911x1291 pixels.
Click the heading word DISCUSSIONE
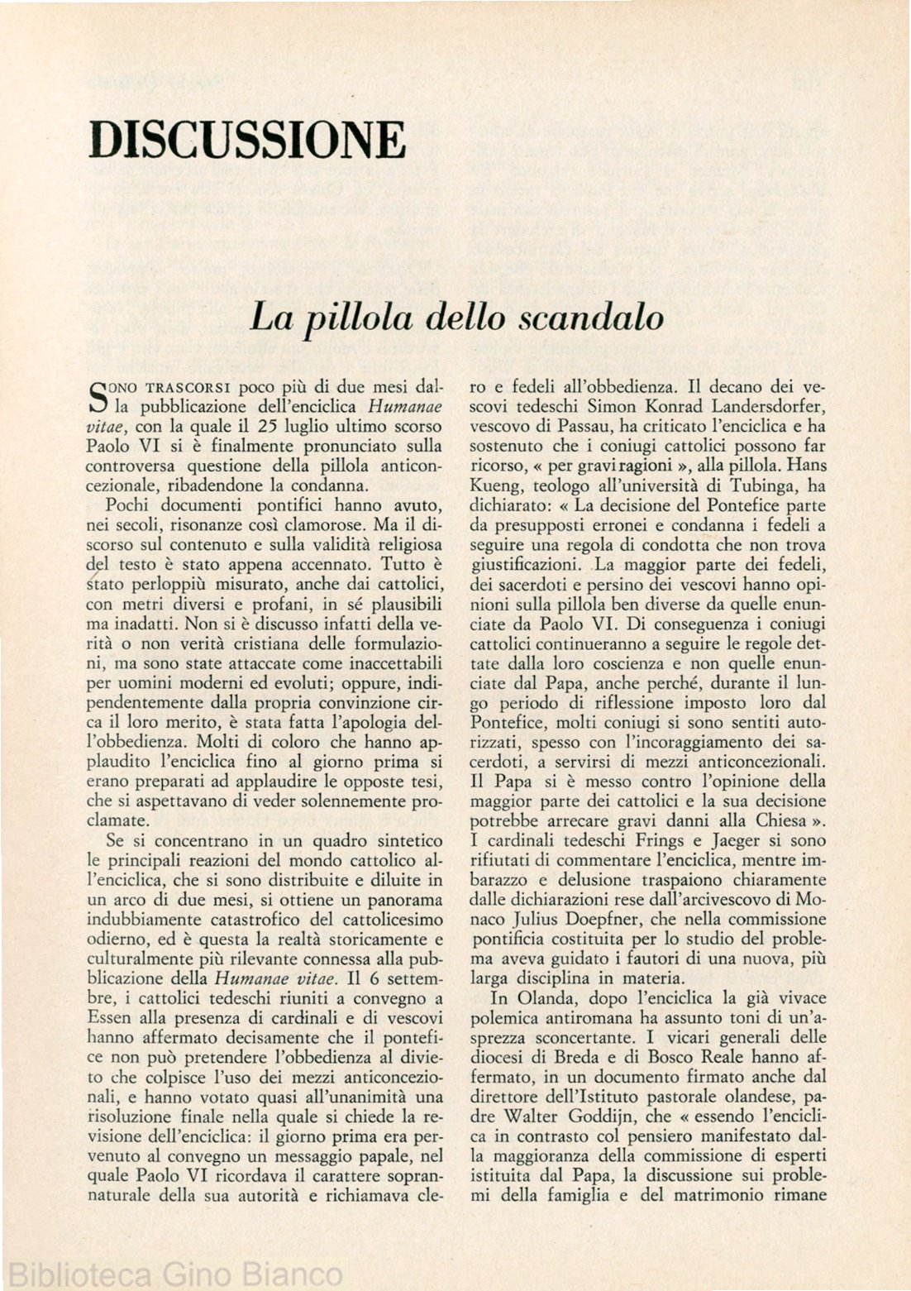coord(248,139)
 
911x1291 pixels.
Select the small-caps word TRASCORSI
coord(188,387)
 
